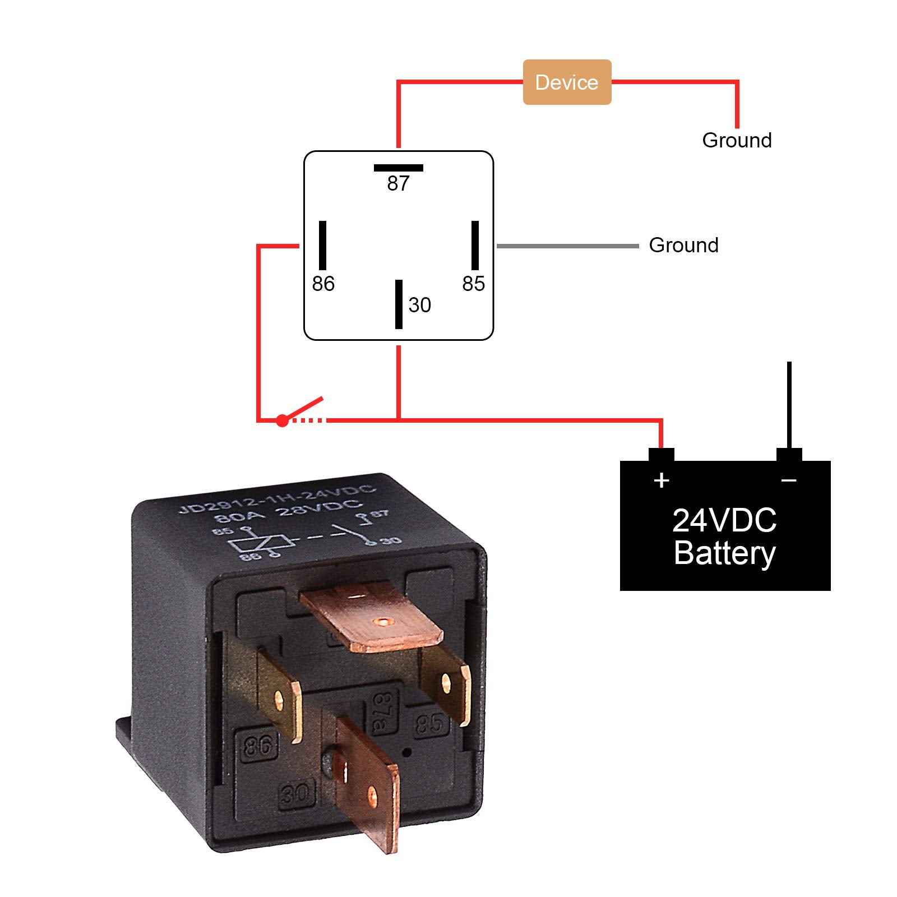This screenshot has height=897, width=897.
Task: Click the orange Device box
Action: click(566, 82)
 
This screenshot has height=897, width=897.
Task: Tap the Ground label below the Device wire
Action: click(736, 140)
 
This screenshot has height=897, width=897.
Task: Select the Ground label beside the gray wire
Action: click(683, 245)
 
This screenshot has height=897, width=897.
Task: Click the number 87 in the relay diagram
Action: click(398, 183)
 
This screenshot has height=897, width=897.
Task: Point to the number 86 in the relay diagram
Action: click(323, 284)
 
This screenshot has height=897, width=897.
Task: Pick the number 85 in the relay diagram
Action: click(473, 284)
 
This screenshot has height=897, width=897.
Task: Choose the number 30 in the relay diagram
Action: click(419, 305)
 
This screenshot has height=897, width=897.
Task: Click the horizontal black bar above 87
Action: click(398, 168)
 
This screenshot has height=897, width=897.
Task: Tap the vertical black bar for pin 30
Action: click(399, 304)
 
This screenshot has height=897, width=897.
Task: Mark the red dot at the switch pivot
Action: click(282, 420)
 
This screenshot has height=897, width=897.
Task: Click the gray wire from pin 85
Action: click(566, 246)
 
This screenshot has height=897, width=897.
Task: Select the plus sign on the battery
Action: click(662, 480)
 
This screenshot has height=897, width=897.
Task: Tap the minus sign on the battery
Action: click(788, 480)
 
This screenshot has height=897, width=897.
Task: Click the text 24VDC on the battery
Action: click(724, 520)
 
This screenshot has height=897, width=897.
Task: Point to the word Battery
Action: click(724, 553)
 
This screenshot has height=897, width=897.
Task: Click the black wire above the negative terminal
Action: click(789, 404)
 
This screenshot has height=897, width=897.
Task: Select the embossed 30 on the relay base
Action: click(295, 794)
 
